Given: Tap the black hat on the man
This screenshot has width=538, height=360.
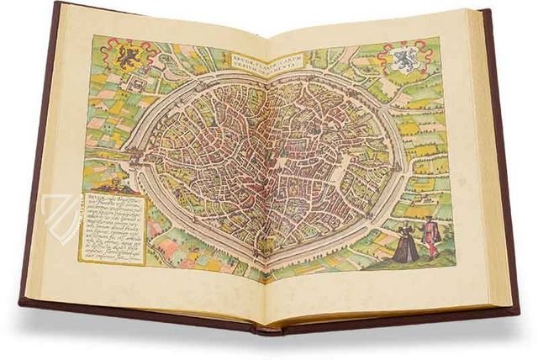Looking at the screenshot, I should tap(428, 219).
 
